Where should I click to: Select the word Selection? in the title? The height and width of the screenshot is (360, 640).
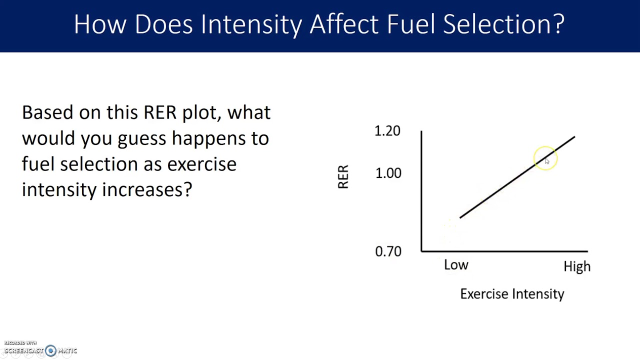503,24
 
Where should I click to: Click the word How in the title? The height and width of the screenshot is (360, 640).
100,24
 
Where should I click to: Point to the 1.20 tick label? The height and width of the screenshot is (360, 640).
387,131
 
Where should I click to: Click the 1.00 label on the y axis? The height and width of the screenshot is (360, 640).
388,173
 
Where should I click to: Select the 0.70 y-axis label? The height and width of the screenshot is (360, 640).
388,251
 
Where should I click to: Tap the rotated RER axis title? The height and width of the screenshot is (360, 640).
343,177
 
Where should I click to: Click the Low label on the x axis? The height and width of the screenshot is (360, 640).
456,265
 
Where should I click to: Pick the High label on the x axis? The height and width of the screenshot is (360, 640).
577,266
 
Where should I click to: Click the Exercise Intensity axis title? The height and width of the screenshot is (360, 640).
512,294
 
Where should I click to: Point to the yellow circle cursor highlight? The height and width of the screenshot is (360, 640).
545,158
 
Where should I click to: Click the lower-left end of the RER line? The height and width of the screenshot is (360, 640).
460,217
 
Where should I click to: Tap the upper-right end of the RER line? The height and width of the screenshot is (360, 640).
574,137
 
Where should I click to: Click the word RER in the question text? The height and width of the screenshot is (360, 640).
160,112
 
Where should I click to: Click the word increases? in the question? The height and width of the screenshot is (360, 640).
147,190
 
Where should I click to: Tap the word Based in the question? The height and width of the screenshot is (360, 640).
48,112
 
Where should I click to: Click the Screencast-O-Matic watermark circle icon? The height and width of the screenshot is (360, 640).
50,351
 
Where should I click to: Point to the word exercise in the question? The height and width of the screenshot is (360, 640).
201,164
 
